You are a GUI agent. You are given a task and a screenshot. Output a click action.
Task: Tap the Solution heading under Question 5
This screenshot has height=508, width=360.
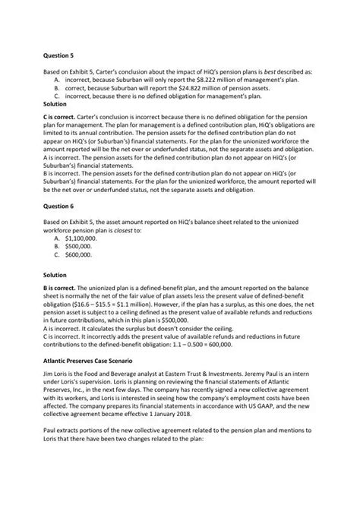point(55,104)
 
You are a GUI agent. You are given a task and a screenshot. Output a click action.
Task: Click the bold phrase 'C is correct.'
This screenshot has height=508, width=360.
point(59,118)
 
